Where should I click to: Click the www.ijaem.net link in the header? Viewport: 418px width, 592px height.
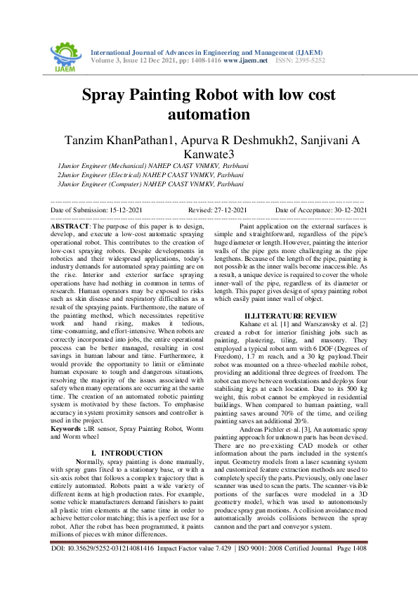pyautogui.click(x=246, y=61)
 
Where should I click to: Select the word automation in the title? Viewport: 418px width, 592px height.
pyautogui.click(x=209, y=114)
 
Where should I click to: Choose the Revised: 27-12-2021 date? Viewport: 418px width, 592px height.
pyautogui.click(x=218, y=210)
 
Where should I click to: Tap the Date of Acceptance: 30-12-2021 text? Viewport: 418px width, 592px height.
pyautogui.click(x=321, y=210)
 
